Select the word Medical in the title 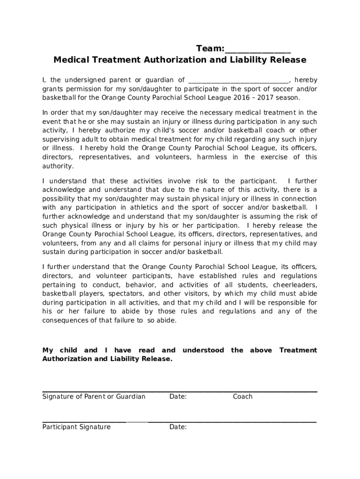(x=70, y=60)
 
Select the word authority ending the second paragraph (x=58, y=166)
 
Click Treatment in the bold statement (x=297, y=350)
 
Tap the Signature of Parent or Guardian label (x=94, y=397)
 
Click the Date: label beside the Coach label (x=178, y=397)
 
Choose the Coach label (x=242, y=397)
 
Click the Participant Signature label (x=76, y=427)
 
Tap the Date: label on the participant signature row (x=178, y=427)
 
